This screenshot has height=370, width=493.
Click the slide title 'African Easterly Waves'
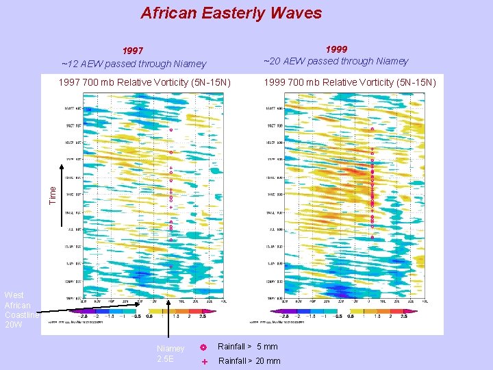point(231,13)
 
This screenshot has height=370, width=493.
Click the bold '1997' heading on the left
point(133,51)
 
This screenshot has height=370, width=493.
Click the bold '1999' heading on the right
point(336,49)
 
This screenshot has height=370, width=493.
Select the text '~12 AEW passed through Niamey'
point(134,64)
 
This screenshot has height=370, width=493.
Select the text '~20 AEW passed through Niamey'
point(336,61)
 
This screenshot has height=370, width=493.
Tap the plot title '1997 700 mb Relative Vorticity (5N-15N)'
point(145,83)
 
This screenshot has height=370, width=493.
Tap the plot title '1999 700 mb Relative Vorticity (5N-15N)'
point(349,83)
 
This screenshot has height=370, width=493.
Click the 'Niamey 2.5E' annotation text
point(170,354)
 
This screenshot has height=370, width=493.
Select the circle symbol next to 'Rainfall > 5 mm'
point(203,347)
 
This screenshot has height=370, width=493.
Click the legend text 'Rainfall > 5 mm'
point(247,347)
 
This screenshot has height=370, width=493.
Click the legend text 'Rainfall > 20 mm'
point(249,361)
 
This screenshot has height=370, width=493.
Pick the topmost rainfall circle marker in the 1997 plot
point(170,129)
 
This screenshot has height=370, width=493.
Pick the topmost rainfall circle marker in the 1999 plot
point(372,129)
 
